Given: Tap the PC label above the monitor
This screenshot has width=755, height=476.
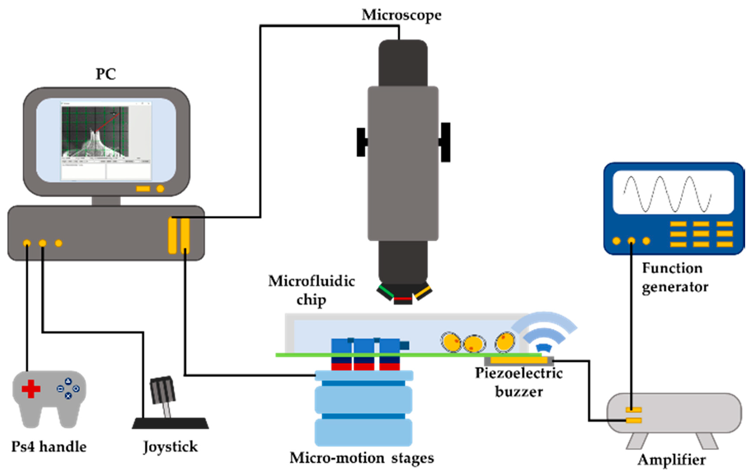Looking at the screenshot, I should pos(106,74).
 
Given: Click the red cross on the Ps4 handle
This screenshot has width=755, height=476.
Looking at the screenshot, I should pos(31,389).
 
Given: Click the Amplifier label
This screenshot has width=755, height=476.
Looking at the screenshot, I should pos(672,460).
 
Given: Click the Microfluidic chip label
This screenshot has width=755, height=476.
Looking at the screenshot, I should pos(311,290).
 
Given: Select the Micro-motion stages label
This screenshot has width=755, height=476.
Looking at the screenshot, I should pos(361,458).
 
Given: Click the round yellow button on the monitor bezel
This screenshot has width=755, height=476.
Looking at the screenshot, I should pos(160,189).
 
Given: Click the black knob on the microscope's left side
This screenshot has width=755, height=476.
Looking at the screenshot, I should pos(361,142).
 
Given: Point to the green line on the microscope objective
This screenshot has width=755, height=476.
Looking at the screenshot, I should pos(386,291).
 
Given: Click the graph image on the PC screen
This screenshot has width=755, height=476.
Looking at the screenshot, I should pos(95,132).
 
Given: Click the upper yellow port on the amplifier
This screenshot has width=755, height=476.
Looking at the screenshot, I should pos(633,409).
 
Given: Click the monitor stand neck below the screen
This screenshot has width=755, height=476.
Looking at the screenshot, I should pos(106,201).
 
